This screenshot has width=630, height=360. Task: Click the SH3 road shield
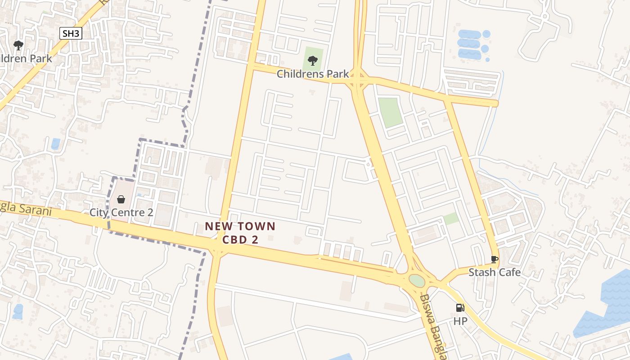pos(71,33)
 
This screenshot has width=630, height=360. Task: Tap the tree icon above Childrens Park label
pos(312,60)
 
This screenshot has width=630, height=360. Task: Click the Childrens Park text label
pos(313,74)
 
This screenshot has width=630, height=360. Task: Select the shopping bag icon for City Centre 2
pos(121,199)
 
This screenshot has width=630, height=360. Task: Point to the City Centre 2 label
pos(121,212)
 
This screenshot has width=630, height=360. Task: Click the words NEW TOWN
pos(240,226)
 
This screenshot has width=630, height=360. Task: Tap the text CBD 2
pos(240,240)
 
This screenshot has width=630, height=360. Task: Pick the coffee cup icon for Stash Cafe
pos(494,259)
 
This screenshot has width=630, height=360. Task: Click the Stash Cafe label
pos(495,272)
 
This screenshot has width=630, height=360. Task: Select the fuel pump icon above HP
pos(460,308)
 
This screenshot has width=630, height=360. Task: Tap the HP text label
pos(460,321)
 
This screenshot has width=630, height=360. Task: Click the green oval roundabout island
pos(417,281)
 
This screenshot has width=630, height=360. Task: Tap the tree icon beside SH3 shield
pos(18,45)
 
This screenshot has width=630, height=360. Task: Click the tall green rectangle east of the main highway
pos(389,112)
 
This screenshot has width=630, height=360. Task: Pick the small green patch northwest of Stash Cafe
pos(451,219)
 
